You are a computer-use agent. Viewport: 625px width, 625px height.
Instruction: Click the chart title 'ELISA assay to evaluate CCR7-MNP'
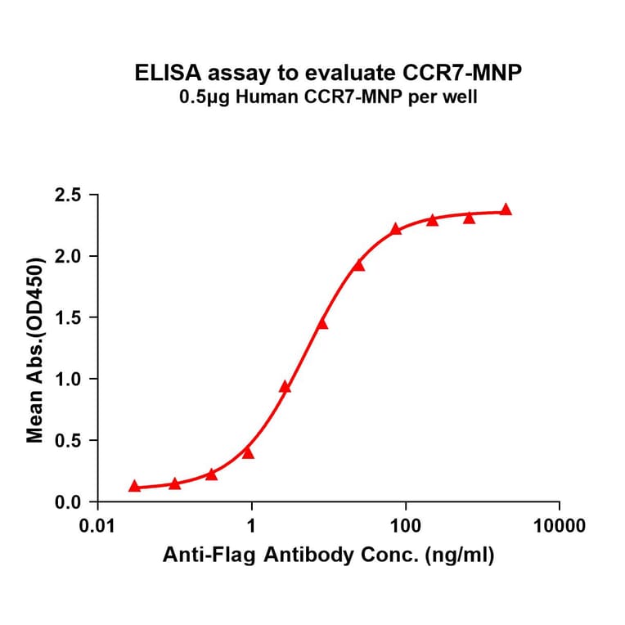point(328,73)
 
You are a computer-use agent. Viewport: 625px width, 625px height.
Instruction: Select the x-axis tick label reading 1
point(252,525)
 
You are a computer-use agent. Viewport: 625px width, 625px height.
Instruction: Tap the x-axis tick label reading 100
point(406,525)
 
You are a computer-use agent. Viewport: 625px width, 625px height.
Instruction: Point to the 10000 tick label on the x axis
point(559,525)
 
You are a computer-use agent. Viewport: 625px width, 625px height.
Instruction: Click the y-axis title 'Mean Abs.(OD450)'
point(35,348)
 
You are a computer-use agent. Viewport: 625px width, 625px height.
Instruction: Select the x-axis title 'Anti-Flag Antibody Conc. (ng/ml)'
point(328,556)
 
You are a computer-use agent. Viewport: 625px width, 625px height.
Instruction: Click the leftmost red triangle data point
point(134,486)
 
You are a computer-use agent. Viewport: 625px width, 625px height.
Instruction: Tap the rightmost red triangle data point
point(506,209)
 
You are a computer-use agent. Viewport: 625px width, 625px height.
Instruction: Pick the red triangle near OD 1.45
point(321,324)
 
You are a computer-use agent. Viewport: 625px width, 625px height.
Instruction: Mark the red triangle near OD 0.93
point(285,387)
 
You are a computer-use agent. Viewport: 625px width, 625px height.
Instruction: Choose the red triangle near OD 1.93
point(358,265)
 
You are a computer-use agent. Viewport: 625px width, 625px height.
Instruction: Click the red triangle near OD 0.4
point(248,452)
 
